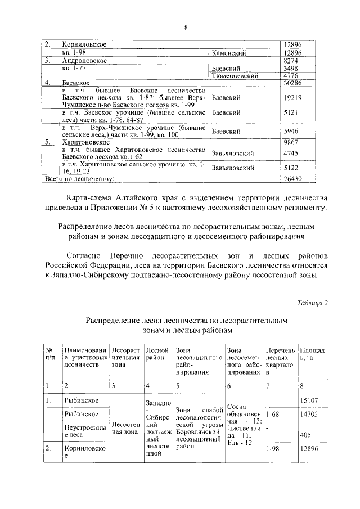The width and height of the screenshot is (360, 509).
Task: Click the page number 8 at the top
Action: click(184, 28)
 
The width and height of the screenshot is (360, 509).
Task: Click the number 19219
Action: click(292, 97)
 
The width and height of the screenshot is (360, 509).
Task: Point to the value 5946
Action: click(291, 131)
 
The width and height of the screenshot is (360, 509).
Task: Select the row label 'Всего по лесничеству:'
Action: click(79, 178)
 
